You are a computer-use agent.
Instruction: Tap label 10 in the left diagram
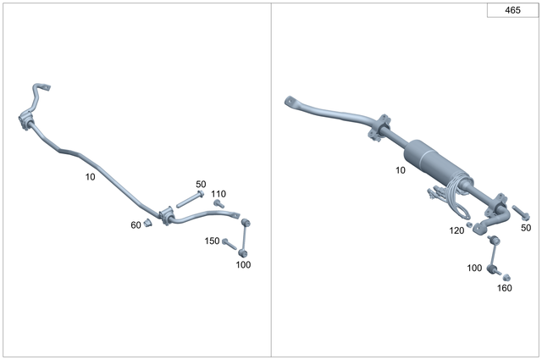[91, 177]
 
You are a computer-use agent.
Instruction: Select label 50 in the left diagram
[201, 184]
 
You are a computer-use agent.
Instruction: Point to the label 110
[218, 193]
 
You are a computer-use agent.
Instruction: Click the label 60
[135, 224]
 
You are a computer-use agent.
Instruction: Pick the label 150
[212, 241]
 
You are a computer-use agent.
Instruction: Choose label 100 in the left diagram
[243, 264]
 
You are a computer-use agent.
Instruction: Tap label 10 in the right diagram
[400, 170]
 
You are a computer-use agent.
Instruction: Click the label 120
[456, 231]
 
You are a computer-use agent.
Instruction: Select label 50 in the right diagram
[526, 228]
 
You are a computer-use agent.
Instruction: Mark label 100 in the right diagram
[474, 268]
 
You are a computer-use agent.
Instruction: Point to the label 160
[505, 288]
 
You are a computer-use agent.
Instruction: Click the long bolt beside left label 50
[188, 200]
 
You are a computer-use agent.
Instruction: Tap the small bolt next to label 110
[218, 203]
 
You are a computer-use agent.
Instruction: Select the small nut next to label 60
[147, 223]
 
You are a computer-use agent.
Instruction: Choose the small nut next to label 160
[506, 276]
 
